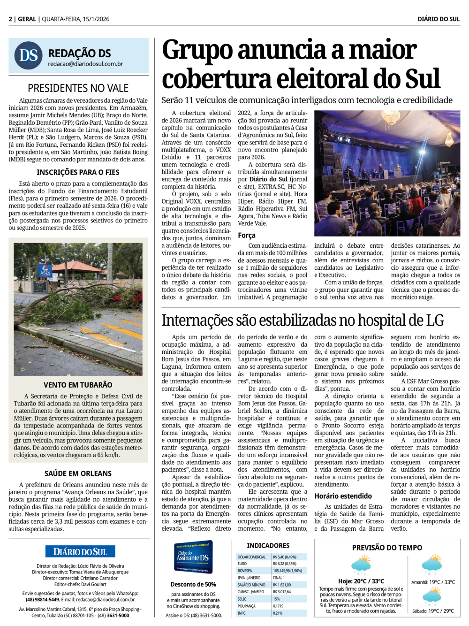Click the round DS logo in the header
pyautogui.click(x=29, y=55)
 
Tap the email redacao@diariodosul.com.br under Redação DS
pyautogui.click(x=85, y=64)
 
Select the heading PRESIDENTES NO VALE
pyautogui.click(x=78, y=88)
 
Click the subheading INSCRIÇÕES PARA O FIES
pyautogui.click(x=78, y=172)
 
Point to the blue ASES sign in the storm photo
pyautogui.click(x=45, y=272)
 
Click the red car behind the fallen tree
pyautogui.click(x=137, y=298)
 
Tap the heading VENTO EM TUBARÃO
pyautogui.click(x=78, y=385)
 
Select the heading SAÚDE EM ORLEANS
pyautogui.click(x=78, y=473)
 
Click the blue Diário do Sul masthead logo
pyautogui.click(x=80, y=551)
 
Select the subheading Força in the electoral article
pyautogui.click(x=247, y=235)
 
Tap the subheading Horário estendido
pyautogui.click(x=343, y=496)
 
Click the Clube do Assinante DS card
pyautogui.click(x=193, y=557)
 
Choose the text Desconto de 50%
pyautogui.click(x=193, y=584)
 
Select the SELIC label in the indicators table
pyautogui.click(x=242, y=599)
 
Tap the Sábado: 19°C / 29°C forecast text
pyautogui.click(x=433, y=611)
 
